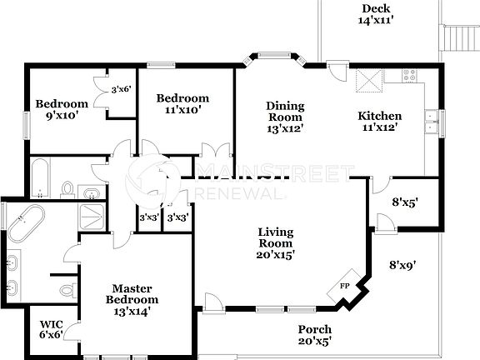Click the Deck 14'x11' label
[x=375, y=13]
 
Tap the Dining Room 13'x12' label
[x=285, y=117]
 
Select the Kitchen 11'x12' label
[x=380, y=121]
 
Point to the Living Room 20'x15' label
[x=275, y=242]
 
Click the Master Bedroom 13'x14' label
[x=131, y=299]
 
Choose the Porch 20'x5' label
[x=314, y=335]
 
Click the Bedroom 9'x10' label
[x=61, y=109]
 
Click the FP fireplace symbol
[x=344, y=286]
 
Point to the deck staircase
[x=457, y=37]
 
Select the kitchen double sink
[x=430, y=122]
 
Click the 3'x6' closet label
[x=121, y=88]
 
